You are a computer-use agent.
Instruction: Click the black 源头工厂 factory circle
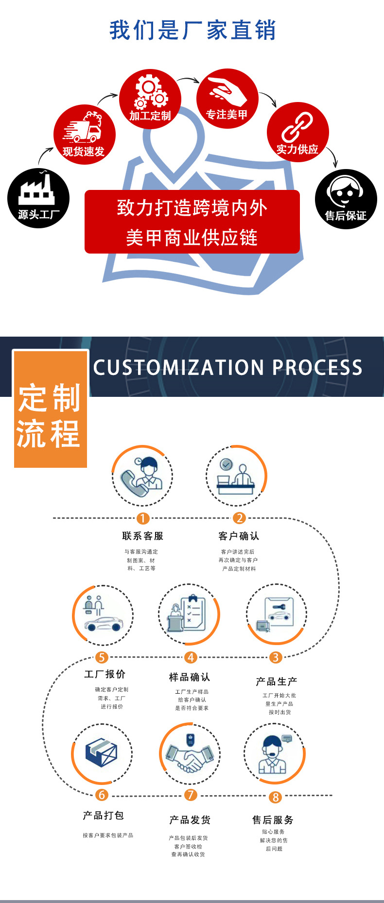38,198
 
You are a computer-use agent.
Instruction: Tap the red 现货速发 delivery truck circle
84,135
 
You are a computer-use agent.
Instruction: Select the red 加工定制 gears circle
150,99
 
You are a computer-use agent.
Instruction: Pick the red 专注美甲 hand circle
227,99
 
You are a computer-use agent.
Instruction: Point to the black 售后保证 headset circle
346,199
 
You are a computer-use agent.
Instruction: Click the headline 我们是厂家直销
192,30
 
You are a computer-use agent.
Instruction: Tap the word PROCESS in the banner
317,368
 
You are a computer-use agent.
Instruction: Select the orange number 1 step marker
143,518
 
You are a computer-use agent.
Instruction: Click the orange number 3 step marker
276,657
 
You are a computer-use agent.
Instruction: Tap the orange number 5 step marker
101,657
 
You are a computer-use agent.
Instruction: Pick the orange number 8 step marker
276,797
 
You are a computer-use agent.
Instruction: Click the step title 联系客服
143,536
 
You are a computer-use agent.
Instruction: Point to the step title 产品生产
276,682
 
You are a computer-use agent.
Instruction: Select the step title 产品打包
104,815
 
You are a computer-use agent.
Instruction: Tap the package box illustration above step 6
102,753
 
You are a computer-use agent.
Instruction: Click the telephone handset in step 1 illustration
134,483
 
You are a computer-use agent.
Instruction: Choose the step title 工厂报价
105,674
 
